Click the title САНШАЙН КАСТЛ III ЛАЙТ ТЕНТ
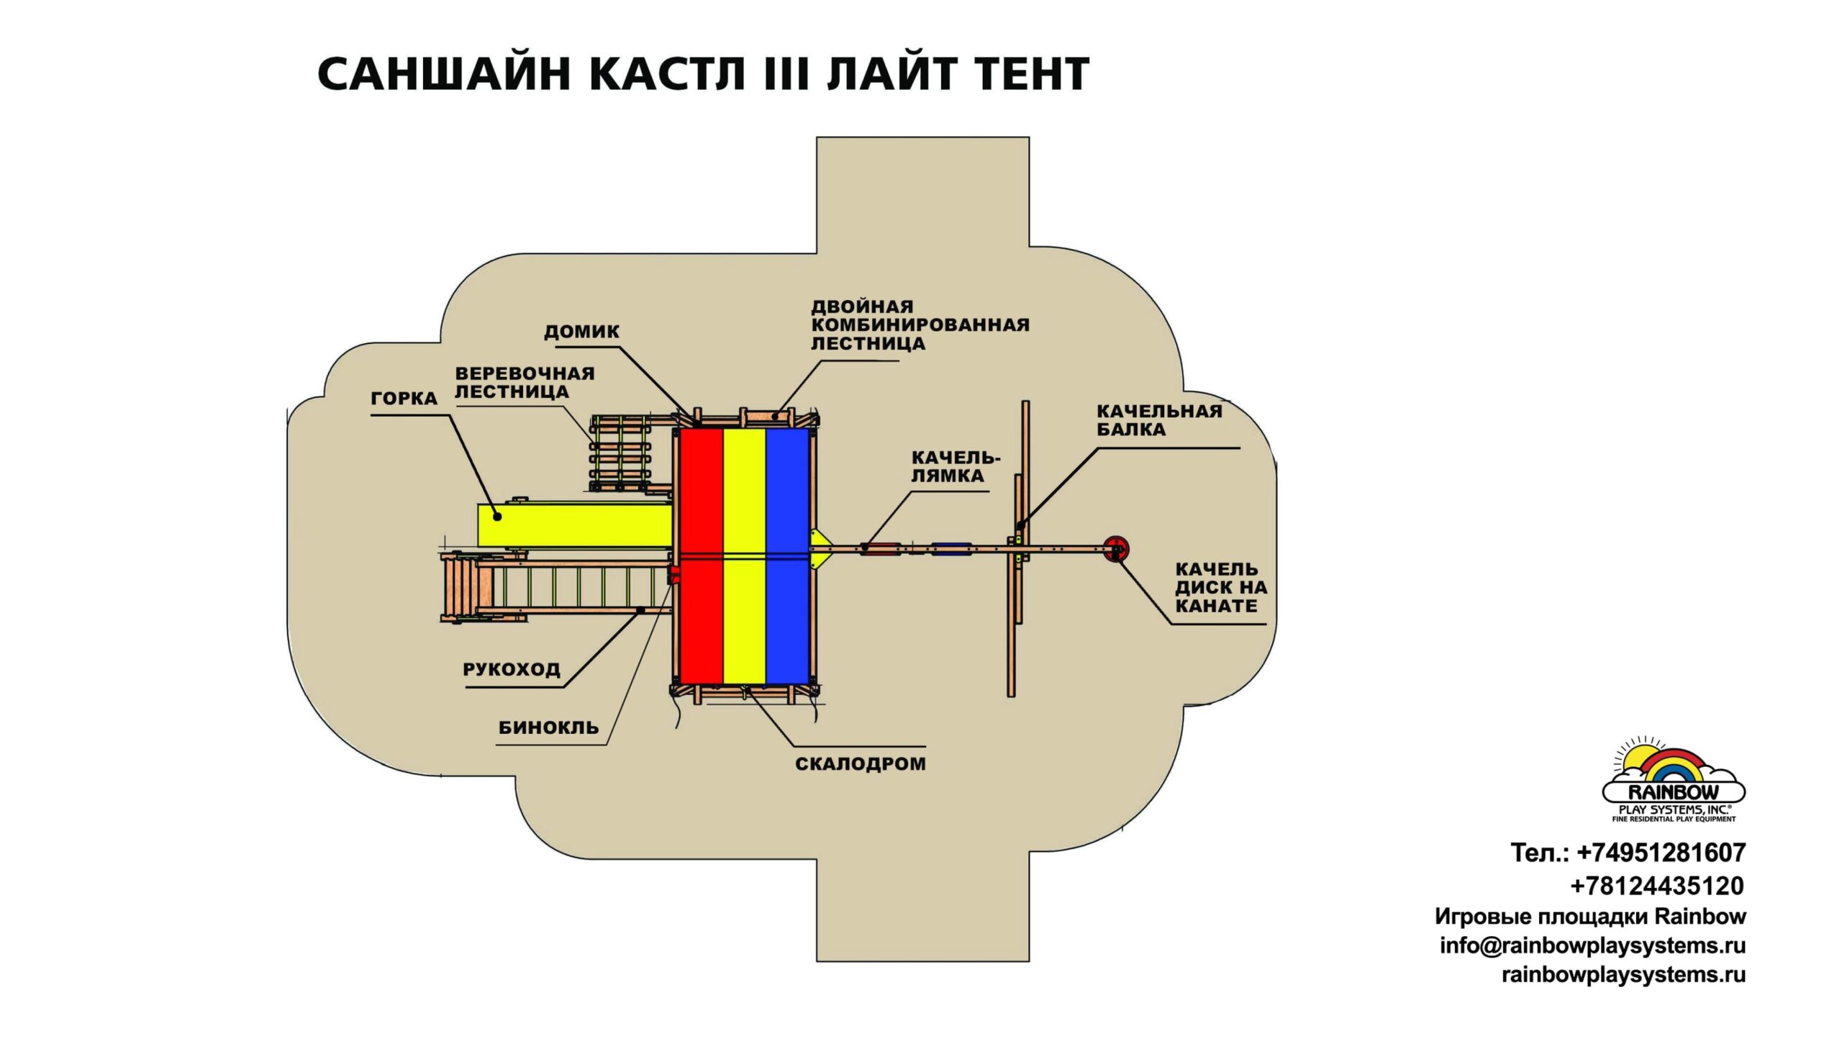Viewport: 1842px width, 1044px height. click(703, 74)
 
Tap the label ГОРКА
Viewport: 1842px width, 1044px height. click(404, 399)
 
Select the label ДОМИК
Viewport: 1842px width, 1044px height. click(581, 332)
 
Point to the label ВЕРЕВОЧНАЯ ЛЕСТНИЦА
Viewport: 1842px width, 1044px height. click(524, 383)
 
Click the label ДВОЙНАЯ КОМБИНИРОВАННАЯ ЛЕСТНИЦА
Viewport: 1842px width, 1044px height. click(920, 325)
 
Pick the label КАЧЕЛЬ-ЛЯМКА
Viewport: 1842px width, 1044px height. click(956, 467)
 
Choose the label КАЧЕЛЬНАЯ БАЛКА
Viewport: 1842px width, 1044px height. click(1158, 420)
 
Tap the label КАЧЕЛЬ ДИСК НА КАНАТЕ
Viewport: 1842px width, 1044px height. click(1220, 588)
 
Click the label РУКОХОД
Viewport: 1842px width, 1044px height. click(511, 670)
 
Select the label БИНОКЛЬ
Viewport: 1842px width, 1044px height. click(548, 727)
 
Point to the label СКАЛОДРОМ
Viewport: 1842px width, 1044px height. click(860, 764)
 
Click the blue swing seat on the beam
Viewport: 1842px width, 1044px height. click(951, 548)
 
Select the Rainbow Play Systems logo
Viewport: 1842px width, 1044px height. click(1673, 781)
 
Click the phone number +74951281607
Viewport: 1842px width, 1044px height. click(1661, 853)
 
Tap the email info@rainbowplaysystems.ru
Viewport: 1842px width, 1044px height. click(1592, 945)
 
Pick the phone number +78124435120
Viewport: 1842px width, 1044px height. click(1656, 886)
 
